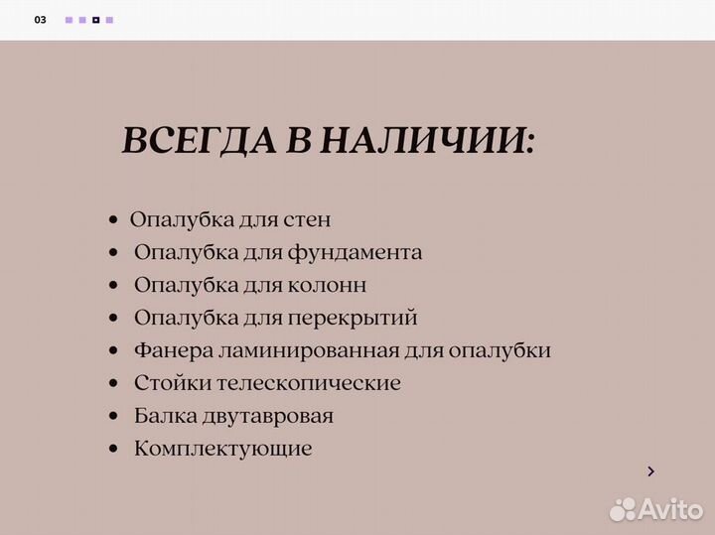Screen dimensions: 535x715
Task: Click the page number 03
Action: pyautogui.click(x=40, y=20)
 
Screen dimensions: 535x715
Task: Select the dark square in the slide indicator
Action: pyautogui.click(x=95, y=20)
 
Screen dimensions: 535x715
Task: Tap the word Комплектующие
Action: pyautogui.click(x=222, y=449)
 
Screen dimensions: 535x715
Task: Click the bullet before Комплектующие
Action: pyautogui.click(x=115, y=450)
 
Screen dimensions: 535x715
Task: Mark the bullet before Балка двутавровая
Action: pyautogui.click(x=115, y=417)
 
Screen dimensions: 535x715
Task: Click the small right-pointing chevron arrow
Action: pyautogui.click(x=650, y=471)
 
